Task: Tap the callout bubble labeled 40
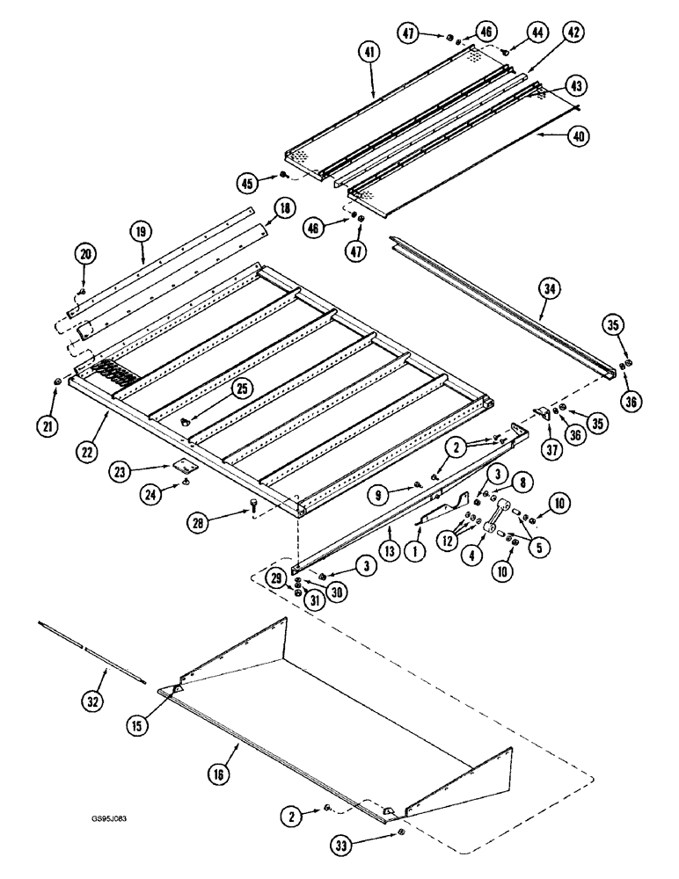577,136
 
